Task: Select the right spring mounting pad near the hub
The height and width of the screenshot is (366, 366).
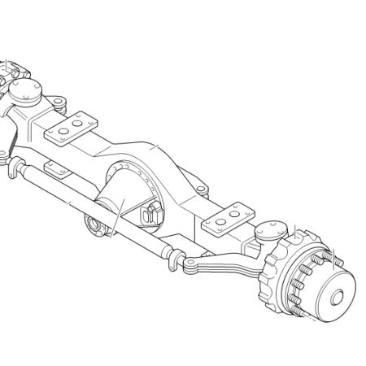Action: (229, 218)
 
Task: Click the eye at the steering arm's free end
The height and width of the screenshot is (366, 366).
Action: (189, 266)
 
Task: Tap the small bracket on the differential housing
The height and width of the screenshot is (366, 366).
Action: (150, 215)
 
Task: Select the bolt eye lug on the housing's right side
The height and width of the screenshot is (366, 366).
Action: (200, 190)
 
